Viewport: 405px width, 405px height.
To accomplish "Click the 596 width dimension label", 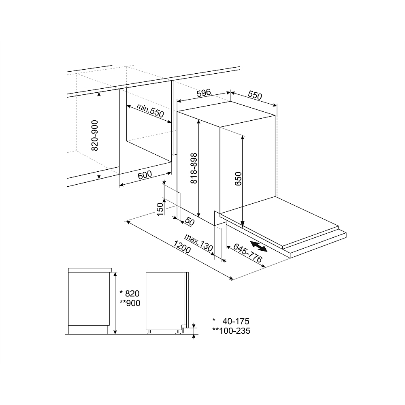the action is (x=204, y=93).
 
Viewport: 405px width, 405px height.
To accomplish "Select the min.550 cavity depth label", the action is (x=150, y=111).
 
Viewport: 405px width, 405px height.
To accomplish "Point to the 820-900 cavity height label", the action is (x=94, y=135).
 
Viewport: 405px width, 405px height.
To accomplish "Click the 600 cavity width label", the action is (x=145, y=175).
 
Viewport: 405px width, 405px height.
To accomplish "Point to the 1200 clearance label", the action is (x=182, y=247).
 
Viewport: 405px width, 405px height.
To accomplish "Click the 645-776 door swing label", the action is (x=247, y=254).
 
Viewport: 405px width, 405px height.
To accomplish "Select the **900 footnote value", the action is (x=129, y=304).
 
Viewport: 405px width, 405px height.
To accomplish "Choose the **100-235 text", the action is (x=231, y=331).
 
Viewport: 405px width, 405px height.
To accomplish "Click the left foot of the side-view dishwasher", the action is (x=150, y=333).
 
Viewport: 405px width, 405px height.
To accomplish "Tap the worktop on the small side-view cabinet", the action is (x=90, y=270).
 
